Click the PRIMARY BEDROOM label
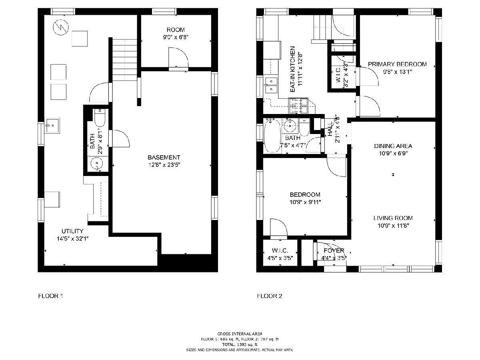click(397, 64)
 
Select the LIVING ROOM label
click(393, 218)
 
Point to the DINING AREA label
click(393, 146)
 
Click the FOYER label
click(334, 250)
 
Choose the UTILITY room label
click(72, 231)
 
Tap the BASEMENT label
click(164, 157)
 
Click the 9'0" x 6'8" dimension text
click(176, 37)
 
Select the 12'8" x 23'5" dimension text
click(164, 165)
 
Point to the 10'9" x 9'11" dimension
click(305, 202)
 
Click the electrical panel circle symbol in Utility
click(61, 27)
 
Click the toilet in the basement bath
click(100, 118)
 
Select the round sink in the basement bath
click(96, 164)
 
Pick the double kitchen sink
click(271, 85)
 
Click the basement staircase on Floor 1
click(125, 60)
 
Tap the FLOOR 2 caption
click(270, 296)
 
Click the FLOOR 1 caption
click(50, 296)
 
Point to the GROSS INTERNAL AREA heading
click(240, 334)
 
